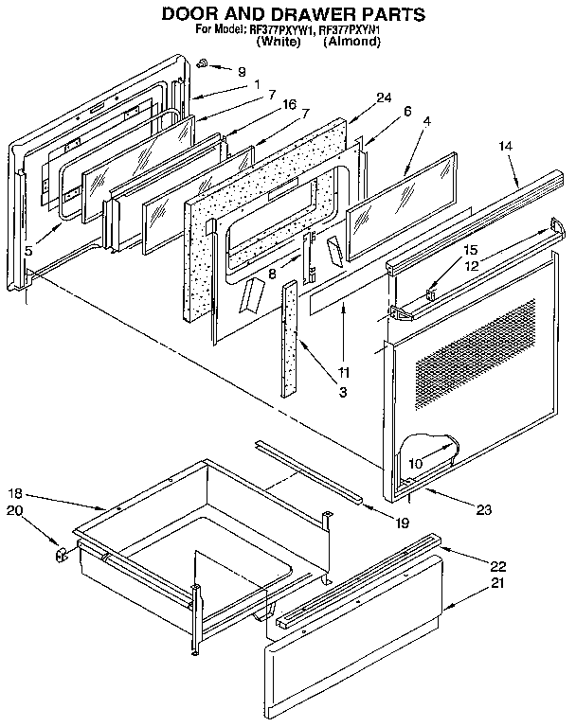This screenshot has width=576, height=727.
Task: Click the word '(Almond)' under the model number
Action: click(351, 43)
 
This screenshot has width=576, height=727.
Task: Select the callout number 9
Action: click(241, 72)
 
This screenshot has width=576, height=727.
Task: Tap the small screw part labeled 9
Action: click(203, 63)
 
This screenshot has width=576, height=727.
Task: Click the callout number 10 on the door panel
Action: click(414, 463)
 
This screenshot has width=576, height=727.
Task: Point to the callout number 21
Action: click(497, 582)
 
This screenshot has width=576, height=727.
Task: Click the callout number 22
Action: click(497, 566)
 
